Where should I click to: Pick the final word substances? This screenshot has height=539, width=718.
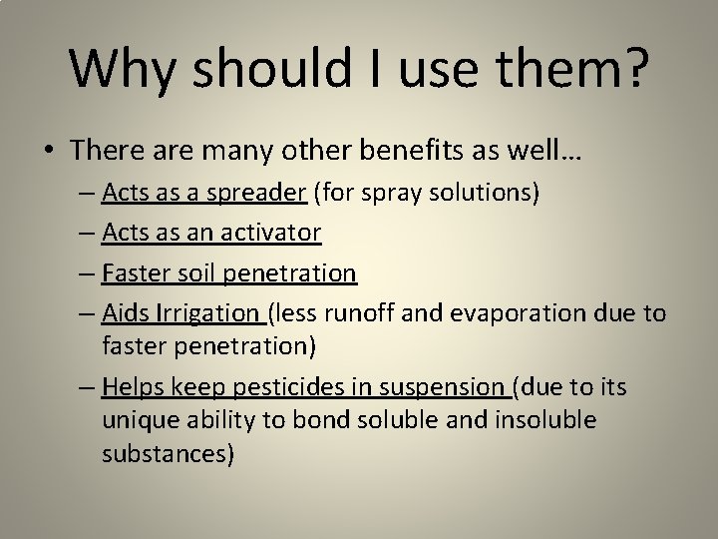[x=168, y=454]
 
